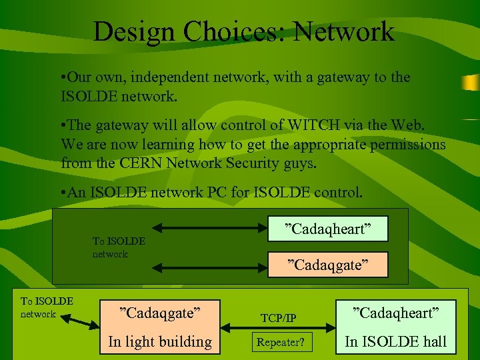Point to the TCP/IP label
[279, 319]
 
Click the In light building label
[160, 342]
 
